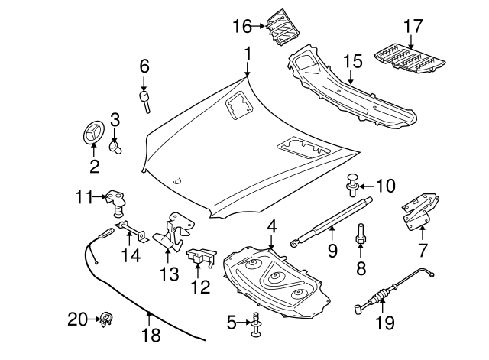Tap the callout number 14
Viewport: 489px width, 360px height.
[x=133, y=256]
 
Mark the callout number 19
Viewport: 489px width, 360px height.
[x=385, y=323]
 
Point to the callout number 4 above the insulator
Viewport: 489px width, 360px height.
[x=270, y=227]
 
